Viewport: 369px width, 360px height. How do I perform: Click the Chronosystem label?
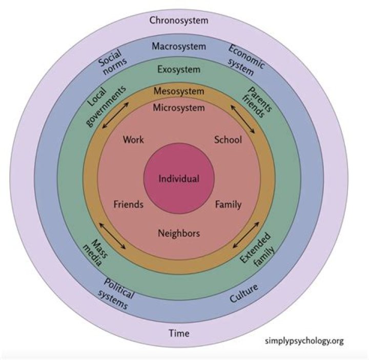(179, 21)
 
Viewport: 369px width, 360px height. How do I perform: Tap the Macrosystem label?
(179, 46)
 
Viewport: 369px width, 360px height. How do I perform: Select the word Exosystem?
(179, 69)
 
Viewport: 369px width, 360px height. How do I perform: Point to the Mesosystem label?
(179, 91)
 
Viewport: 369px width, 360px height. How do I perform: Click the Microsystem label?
(179, 108)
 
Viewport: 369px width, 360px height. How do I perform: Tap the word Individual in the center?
(179, 179)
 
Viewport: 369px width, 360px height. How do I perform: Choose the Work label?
(134, 139)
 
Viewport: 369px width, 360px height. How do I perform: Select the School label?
(228, 139)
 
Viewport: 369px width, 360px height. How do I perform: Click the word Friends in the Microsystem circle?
(128, 205)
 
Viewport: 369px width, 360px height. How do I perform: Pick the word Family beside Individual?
(228, 205)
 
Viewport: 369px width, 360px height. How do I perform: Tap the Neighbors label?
(179, 233)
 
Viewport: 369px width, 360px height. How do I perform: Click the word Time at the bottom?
(179, 333)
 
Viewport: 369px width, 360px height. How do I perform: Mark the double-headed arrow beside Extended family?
(245, 237)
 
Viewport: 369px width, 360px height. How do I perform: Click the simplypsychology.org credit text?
(304, 341)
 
